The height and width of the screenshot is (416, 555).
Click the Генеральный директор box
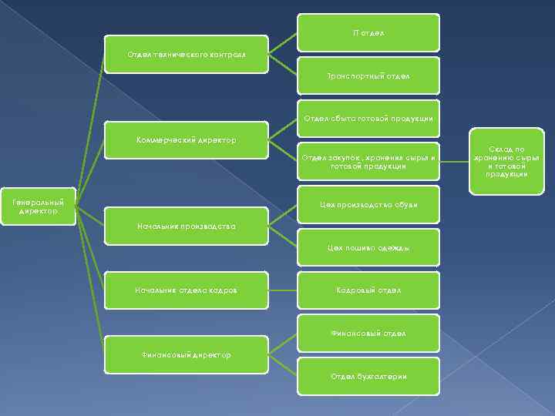point(39,206)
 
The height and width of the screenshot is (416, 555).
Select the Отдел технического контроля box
point(187,55)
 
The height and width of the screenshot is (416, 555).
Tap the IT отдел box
point(368,33)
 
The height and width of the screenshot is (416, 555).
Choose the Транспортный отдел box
point(368,76)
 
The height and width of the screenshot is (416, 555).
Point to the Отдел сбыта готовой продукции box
point(368,119)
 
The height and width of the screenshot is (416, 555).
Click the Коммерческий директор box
point(187,140)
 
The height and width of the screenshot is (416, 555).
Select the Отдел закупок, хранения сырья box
point(368,162)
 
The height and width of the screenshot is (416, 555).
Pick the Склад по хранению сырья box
point(506,162)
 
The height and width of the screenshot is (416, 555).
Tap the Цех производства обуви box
point(368,205)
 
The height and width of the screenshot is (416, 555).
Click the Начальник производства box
point(187,226)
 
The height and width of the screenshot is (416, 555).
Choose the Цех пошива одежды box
point(368,248)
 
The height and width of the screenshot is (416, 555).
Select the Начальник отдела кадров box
point(187,290)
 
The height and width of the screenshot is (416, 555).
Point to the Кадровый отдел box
point(368,290)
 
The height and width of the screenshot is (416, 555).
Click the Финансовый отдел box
point(368,334)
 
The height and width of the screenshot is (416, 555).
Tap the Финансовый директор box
point(187,355)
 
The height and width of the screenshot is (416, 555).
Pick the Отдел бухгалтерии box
point(368,377)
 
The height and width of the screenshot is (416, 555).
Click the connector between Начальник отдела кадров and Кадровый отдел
point(283,290)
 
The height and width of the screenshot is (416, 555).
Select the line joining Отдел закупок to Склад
point(456,162)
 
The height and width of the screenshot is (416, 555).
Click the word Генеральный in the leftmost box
point(39,203)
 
